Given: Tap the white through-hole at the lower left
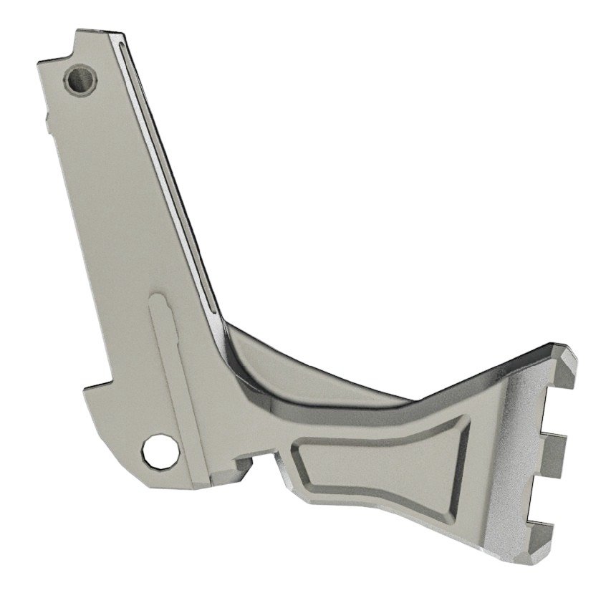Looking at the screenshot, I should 161,450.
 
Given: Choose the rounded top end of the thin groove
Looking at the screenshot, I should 124,46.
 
